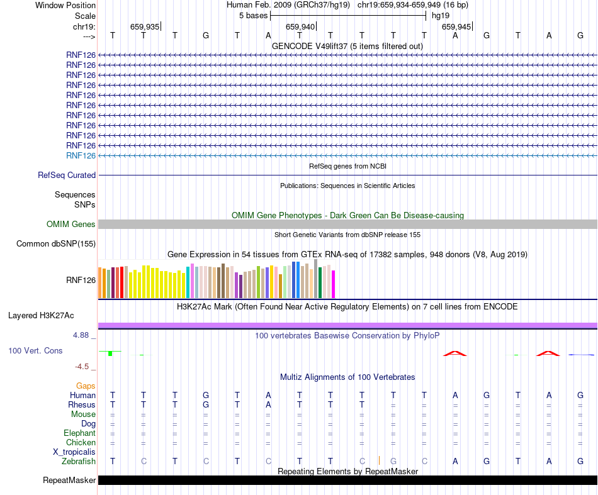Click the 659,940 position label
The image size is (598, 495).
coord(300,26)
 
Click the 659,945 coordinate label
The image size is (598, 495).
coord(456,26)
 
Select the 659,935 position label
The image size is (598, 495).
coord(144,26)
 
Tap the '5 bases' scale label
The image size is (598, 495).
coord(253,15)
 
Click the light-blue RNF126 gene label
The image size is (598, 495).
coord(81,155)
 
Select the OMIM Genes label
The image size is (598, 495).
coord(71,224)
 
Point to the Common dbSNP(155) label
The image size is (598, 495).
coord(56,243)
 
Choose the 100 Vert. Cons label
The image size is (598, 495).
coord(35,350)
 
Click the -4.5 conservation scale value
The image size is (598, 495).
coord(82,366)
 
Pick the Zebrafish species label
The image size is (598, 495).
coord(79,461)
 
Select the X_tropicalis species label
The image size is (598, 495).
coord(74,452)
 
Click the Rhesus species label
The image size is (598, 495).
coord(82,404)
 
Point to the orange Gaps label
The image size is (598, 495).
coord(86,386)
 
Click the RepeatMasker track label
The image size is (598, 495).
coord(69,481)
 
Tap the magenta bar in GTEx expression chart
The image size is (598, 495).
coord(334,284)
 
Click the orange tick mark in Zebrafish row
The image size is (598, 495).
coord(379,460)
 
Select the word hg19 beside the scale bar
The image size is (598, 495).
coord(441,15)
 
